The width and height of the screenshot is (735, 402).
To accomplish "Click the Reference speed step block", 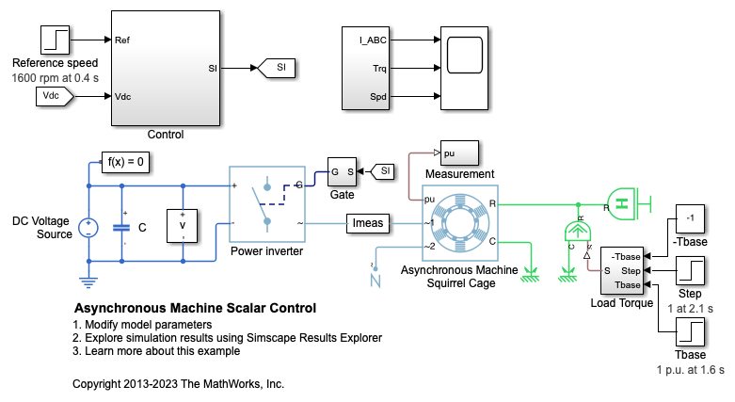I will (56, 40).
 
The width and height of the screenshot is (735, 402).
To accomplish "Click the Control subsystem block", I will (166, 68).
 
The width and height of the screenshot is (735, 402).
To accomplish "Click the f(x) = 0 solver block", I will (127, 162).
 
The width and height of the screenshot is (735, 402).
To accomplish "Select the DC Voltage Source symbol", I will (88, 227).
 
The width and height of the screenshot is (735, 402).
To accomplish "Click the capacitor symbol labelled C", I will (121, 227).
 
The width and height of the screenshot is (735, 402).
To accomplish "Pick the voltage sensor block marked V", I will (183, 227).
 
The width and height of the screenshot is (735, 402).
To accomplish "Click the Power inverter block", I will (268, 204).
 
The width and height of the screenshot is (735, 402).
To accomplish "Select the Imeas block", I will (368, 223).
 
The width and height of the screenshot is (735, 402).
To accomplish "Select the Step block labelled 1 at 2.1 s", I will (690, 272).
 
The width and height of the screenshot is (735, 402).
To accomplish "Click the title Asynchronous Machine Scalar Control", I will (194, 308).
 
